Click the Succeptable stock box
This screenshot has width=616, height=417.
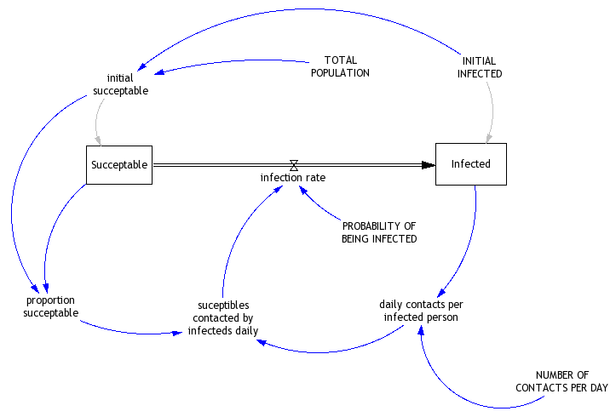pyautogui.click(x=119, y=164)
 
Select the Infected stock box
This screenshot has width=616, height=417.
pyautogui.click(x=471, y=163)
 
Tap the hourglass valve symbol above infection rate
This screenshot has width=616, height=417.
pyautogui.click(x=294, y=164)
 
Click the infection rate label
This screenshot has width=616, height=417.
pyautogui.click(x=293, y=178)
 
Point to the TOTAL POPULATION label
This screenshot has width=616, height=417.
pyautogui.click(x=340, y=66)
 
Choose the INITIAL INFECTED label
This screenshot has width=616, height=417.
pyautogui.click(x=480, y=67)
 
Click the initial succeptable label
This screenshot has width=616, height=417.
pyautogui.click(x=122, y=85)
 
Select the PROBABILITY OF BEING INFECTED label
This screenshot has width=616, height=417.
pyautogui.click(x=379, y=232)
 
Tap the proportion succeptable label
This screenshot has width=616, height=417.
pyautogui.click(x=50, y=306)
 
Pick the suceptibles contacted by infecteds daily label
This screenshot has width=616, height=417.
pyautogui.click(x=223, y=317)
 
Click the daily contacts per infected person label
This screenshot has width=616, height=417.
pyautogui.click(x=421, y=311)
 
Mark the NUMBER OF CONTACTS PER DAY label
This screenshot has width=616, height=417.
pyautogui.click(x=562, y=381)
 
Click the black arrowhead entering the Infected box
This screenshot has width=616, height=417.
pyautogui.click(x=428, y=165)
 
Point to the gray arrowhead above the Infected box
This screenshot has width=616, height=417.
pyautogui.click(x=489, y=138)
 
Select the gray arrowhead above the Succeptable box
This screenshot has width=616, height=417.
pyautogui.click(x=100, y=140)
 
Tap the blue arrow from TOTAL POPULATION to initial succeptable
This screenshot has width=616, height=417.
pyautogui.click(x=230, y=61)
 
